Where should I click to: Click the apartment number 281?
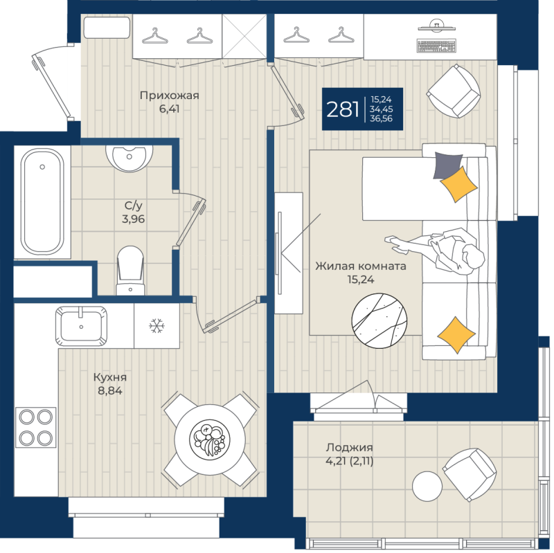(x=342, y=109)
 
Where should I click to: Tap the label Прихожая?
(x=170, y=96)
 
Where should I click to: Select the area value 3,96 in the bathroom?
(x=133, y=219)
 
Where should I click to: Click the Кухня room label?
(x=110, y=377)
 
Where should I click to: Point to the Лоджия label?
(x=349, y=447)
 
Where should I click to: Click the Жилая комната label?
(x=361, y=266)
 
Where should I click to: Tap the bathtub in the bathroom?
(x=42, y=201)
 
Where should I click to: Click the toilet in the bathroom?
(x=130, y=271)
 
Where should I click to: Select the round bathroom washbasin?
(x=129, y=158)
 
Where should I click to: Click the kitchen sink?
(x=81, y=327)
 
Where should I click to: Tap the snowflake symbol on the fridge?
(x=157, y=325)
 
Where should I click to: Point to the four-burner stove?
(x=36, y=427)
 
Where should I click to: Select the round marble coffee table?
(x=379, y=320)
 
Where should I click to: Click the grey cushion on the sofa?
(x=447, y=165)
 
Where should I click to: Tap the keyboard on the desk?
(x=437, y=46)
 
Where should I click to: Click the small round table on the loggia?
(x=427, y=486)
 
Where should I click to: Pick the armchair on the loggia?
(x=470, y=474)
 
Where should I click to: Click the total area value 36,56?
(x=381, y=118)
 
